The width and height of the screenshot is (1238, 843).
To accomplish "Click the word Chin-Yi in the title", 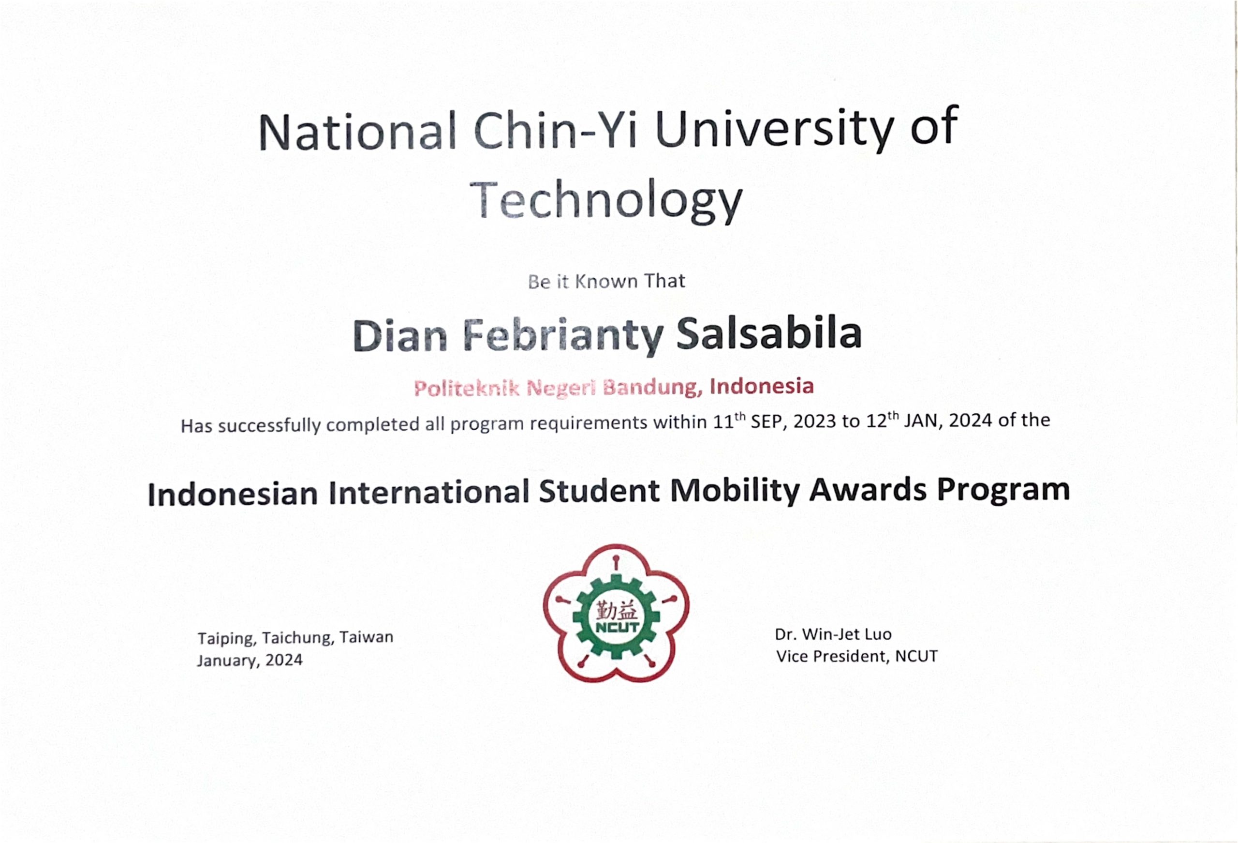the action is pyautogui.click(x=556, y=131).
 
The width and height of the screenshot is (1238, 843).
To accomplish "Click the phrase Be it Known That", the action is pyautogui.click(x=606, y=281).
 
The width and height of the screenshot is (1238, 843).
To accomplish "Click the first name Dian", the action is pyautogui.click(x=400, y=336).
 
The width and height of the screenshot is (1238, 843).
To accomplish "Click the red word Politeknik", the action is pyautogui.click(x=466, y=389).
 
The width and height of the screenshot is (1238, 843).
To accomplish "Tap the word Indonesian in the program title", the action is pyautogui.click(x=233, y=493).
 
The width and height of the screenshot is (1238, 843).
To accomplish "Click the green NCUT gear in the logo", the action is pyautogui.click(x=616, y=617).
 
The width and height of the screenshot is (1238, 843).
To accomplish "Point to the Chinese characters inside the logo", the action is pyautogui.click(x=616, y=609).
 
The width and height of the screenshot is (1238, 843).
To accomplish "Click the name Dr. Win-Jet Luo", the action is pyautogui.click(x=833, y=634).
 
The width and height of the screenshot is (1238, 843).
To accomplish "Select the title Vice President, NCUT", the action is pyautogui.click(x=856, y=656).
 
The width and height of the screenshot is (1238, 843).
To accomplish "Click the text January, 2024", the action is pyautogui.click(x=250, y=661).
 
